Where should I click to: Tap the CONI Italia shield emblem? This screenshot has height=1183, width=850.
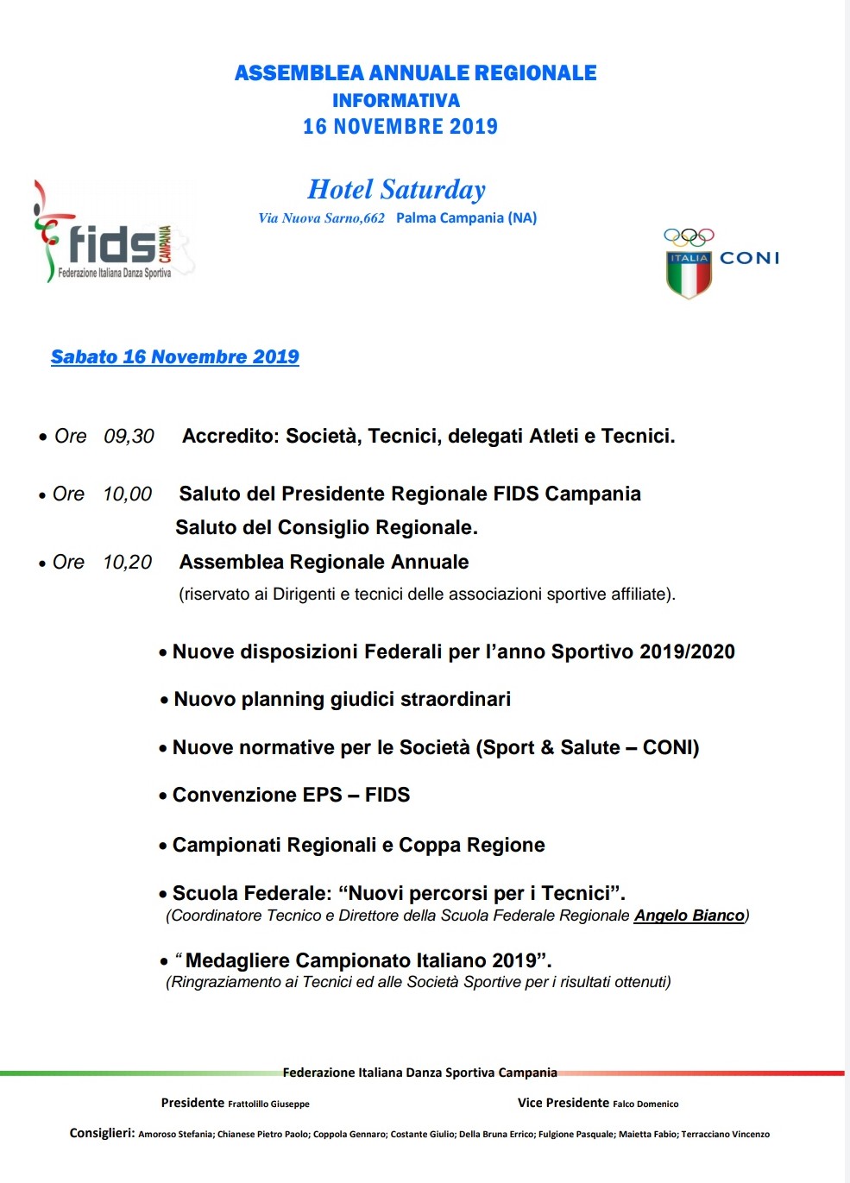pyautogui.click(x=689, y=274)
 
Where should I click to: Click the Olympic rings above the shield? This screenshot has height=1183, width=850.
pyautogui.click(x=689, y=236)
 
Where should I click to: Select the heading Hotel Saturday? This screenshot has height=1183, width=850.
pyautogui.click(x=396, y=190)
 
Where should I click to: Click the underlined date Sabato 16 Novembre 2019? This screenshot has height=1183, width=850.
pyautogui.click(x=175, y=357)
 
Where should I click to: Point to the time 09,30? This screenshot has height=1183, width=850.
pyautogui.click(x=129, y=437)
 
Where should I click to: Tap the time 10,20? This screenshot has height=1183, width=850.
pyautogui.click(x=127, y=563)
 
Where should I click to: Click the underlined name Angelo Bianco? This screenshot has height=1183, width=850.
pyautogui.click(x=689, y=916)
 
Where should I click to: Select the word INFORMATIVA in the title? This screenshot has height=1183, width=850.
pyautogui.click(x=396, y=101)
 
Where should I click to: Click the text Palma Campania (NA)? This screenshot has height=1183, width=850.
pyautogui.click(x=466, y=218)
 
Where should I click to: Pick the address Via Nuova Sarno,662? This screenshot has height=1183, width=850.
pyautogui.click(x=321, y=218)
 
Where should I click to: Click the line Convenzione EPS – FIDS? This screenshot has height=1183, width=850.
pyautogui.click(x=291, y=796)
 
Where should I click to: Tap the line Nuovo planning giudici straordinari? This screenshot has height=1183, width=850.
pyautogui.click(x=342, y=700)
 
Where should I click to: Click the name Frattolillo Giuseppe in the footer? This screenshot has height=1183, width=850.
pyautogui.click(x=268, y=1104)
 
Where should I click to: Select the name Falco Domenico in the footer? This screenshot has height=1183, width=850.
pyautogui.click(x=645, y=1104)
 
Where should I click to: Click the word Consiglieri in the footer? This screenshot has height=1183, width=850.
pyautogui.click(x=102, y=1134)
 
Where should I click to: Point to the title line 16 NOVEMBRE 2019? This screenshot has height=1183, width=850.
pyautogui.click(x=400, y=127)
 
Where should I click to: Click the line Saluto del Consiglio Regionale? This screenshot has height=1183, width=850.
pyautogui.click(x=326, y=528)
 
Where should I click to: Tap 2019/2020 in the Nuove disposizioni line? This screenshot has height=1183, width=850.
pyautogui.click(x=687, y=652)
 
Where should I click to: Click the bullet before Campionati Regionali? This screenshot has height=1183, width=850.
pyautogui.click(x=162, y=846)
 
